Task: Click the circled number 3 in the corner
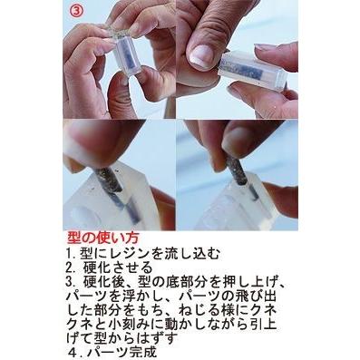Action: (x=78, y=13)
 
